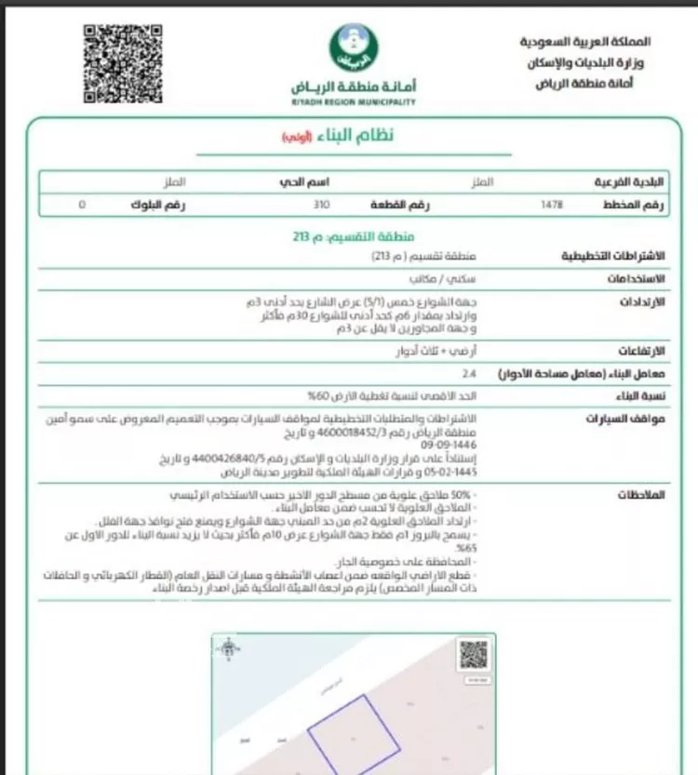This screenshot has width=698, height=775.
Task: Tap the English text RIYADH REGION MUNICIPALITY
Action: [353, 102]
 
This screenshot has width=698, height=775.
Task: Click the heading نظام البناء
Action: [353, 137]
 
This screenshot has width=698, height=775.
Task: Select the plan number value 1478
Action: [552, 202]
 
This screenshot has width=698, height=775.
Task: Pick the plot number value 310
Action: [321, 202]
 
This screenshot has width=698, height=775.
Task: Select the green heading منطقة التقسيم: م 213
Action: [353, 236]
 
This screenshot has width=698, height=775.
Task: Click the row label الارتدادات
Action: [641, 302]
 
